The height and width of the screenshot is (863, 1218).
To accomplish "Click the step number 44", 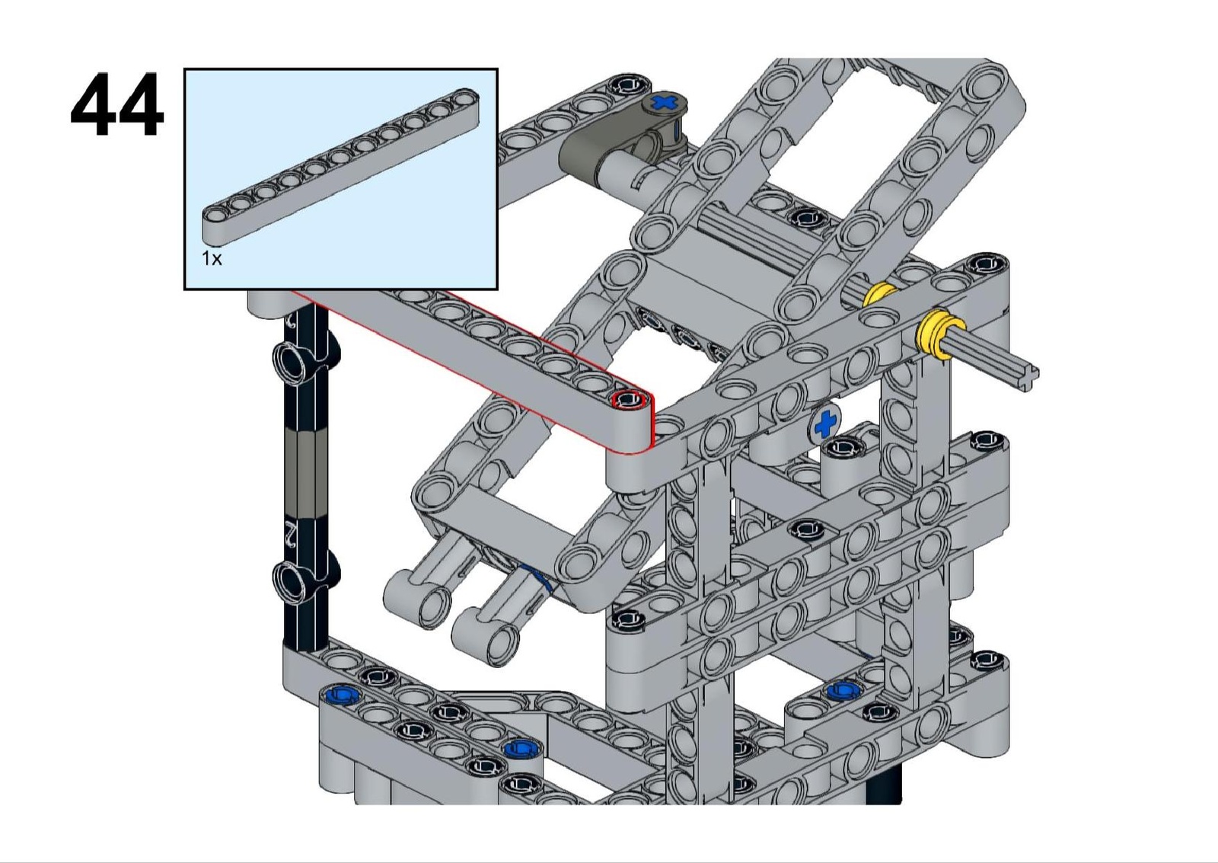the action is [x=117, y=105].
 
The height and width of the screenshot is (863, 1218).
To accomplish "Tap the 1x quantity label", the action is [x=212, y=258].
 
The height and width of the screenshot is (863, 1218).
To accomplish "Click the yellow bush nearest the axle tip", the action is [x=939, y=334].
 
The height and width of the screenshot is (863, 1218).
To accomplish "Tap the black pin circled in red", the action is [x=629, y=401].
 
